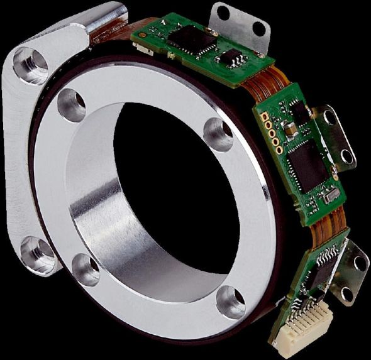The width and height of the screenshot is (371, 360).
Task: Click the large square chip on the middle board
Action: [x=306, y=160]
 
